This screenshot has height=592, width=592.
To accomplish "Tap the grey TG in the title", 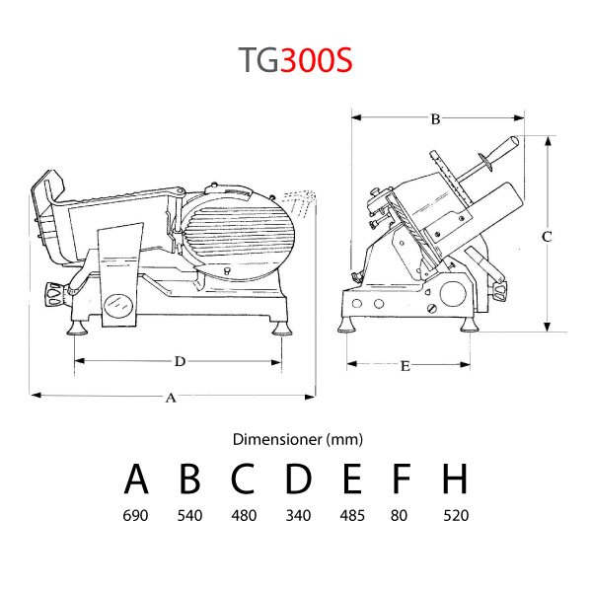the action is pyautogui.click(x=259, y=59).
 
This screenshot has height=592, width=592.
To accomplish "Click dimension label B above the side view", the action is pyautogui.click(x=435, y=119).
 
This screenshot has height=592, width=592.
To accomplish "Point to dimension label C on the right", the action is pyautogui.click(x=547, y=237).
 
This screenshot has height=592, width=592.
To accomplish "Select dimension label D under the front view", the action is pyautogui.click(x=181, y=361).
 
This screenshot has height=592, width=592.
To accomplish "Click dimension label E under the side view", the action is pyautogui.click(x=406, y=366).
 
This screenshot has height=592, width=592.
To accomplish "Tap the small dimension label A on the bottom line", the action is pyautogui.click(x=171, y=398).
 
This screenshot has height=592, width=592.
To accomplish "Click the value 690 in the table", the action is pyautogui.click(x=135, y=515).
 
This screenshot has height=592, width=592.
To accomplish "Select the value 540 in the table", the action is pyautogui.click(x=189, y=515).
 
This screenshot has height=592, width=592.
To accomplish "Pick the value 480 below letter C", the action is pyautogui.click(x=245, y=515).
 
